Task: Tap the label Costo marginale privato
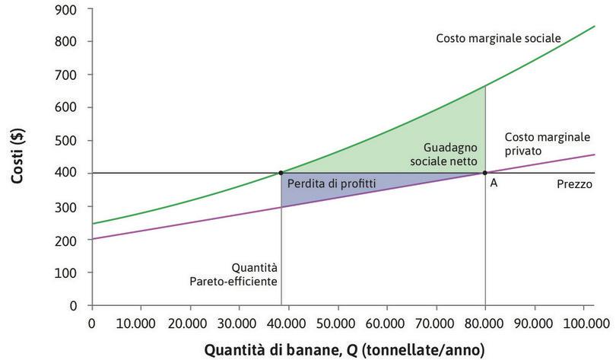pyautogui.click(x=547, y=144)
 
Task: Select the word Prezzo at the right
pyautogui.click(x=574, y=184)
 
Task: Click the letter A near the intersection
pyautogui.click(x=494, y=184)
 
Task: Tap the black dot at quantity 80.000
pyautogui.click(x=485, y=173)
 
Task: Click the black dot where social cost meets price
pyautogui.click(x=281, y=173)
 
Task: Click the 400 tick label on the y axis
pyautogui.click(x=70, y=174)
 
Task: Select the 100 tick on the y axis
pyautogui.click(x=70, y=272)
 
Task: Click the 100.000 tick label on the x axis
pyautogui.click(x=581, y=323)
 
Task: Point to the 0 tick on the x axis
pyautogui.click(x=92, y=323)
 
